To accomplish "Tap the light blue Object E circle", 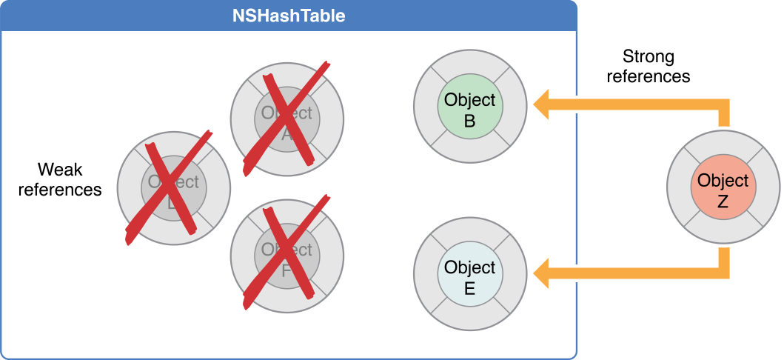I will (x=469, y=277).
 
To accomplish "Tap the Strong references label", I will (x=649, y=66).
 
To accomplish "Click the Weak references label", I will (x=60, y=179).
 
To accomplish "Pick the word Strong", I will (x=649, y=56).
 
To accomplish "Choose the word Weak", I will (x=60, y=170).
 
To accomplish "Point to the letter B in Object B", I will (x=469, y=120).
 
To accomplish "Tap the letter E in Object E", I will (x=469, y=288).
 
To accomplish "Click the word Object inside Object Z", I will (x=723, y=180).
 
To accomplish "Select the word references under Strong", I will (x=649, y=76).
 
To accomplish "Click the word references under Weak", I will (x=60, y=190).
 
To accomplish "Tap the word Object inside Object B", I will (x=469, y=100).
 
